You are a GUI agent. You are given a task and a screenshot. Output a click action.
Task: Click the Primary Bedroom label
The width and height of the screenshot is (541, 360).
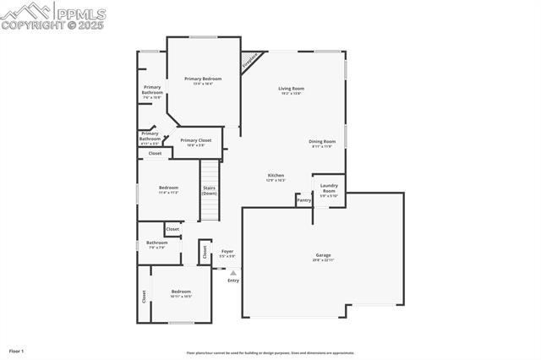pos(203,79)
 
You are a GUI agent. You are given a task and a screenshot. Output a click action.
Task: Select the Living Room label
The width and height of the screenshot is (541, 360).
pos(292,88)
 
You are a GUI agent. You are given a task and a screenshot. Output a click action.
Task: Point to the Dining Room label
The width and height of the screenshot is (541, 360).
pos(322,141)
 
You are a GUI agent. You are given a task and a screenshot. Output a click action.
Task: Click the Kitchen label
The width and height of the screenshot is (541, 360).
pos(276,175)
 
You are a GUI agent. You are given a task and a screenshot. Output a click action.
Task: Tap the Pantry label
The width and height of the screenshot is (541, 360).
pos(303,200)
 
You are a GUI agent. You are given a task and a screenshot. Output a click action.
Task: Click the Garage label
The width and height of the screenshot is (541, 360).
pos(323,254)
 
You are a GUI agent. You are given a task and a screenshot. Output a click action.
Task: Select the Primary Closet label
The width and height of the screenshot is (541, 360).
pos(195,140)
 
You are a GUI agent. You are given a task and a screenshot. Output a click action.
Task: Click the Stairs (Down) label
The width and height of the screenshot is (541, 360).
pos(209,191)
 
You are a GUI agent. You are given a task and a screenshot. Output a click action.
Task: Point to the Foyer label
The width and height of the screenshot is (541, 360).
pos(227,251)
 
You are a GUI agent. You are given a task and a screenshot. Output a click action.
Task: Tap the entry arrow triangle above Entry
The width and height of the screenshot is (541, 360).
pos(233,272)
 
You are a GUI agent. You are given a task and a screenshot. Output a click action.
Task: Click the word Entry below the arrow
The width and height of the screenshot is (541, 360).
pos(233,281)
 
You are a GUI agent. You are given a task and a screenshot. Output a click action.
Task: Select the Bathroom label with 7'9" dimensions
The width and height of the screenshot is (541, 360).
pos(156,243)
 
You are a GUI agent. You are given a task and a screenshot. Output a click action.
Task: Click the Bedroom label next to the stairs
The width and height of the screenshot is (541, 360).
pos(169,188)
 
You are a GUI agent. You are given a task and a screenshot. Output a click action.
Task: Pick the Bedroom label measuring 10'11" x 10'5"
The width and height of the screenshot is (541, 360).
pos(181,292)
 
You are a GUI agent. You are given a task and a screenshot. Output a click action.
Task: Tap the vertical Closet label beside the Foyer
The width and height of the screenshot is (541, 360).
pos(205,251)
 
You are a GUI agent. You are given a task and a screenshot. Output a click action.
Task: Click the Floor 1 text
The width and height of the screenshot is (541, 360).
pos(17,351)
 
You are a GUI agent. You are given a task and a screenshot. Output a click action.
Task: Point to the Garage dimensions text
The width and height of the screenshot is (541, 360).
pos(323,259)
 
